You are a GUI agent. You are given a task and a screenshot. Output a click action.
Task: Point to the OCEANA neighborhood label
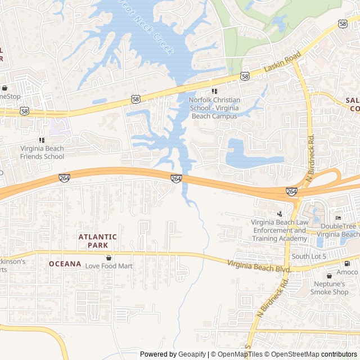pyautogui.click(x=65, y=264)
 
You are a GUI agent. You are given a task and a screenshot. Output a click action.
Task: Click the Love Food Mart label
pyautogui.click(x=109, y=265)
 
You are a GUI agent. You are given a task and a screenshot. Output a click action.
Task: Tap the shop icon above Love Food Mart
pyautogui.click(x=109, y=257)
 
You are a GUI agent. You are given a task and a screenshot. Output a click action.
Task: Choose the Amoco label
pyautogui.click(x=347, y=272)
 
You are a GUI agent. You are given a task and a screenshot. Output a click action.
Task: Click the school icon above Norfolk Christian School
pyautogui.click(x=214, y=91)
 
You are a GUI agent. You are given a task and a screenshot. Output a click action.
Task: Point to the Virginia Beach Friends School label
pyautogui.click(x=42, y=152)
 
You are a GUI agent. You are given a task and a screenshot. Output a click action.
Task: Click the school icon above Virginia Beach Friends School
pyautogui.click(x=42, y=139)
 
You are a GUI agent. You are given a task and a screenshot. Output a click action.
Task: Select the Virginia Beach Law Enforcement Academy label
pyautogui.click(x=279, y=231)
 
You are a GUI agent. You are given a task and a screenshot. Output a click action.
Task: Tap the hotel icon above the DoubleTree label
pyautogui.click(x=338, y=218)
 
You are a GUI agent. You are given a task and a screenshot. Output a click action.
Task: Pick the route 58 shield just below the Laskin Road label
pyautogui.click(x=244, y=75)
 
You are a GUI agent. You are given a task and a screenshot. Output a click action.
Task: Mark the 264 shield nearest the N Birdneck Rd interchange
pyautogui.click(x=291, y=191)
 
